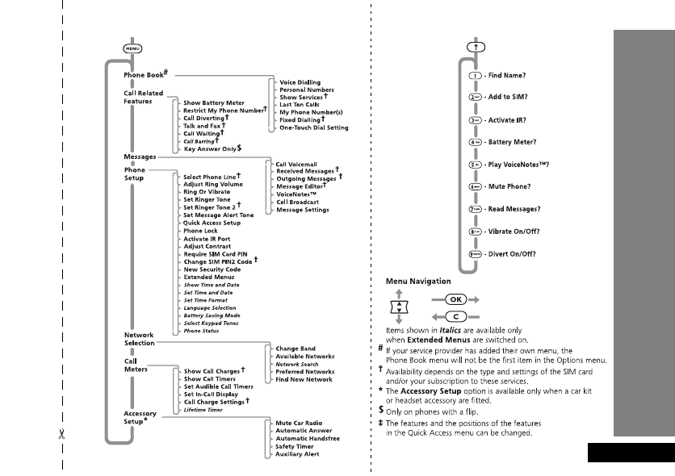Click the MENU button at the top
(x=131, y=48)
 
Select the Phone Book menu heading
(x=143, y=74)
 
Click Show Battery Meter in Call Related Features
(x=214, y=103)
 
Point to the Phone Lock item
(x=201, y=231)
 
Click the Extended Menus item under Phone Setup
(x=210, y=277)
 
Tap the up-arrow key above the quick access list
(x=476, y=48)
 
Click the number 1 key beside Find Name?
(x=476, y=76)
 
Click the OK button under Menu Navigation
(x=448, y=298)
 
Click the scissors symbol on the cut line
(x=61, y=435)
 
